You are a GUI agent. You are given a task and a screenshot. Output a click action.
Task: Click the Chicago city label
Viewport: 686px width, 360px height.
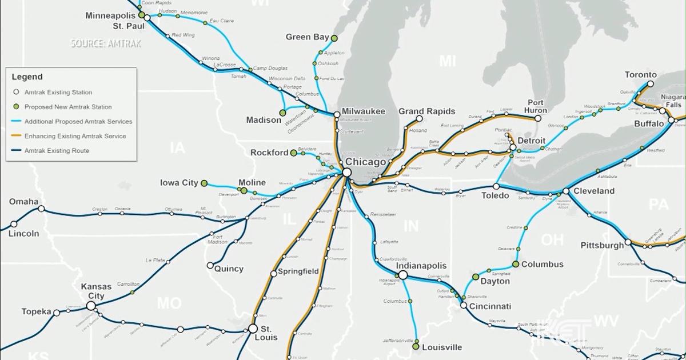point(370,162)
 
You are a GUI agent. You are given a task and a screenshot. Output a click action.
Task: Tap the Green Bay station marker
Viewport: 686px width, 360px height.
point(334,38)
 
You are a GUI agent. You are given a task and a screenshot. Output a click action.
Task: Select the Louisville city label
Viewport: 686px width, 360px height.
point(441,347)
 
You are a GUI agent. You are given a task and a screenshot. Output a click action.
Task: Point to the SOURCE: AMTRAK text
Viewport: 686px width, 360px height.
point(103,43)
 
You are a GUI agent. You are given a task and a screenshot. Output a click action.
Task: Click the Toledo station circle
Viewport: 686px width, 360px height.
point(496,186)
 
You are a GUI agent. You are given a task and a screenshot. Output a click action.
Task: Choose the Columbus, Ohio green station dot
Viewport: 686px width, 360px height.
point(516,264)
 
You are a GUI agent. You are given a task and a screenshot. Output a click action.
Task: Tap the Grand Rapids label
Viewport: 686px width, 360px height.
point(426,111)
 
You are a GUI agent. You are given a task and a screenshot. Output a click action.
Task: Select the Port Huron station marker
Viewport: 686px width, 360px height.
point(538,118)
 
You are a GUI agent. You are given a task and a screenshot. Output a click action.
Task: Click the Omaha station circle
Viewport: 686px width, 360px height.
point(41,209)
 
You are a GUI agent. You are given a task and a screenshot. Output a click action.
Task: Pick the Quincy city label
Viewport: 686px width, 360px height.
point(229,269)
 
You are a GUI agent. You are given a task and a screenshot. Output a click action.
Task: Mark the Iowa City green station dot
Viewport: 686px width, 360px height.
point(204,183)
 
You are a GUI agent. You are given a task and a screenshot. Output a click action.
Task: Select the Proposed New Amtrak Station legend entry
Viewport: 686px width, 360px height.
point(67,107)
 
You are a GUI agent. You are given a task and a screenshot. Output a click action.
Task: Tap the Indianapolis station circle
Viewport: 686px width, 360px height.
point(402,275)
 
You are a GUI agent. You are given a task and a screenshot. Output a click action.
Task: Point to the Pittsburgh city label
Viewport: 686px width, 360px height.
point(602,246)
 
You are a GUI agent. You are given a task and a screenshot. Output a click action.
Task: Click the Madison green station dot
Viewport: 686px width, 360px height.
point(282,112)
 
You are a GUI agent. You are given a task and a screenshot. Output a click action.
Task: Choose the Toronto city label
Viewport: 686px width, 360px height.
point(640,75)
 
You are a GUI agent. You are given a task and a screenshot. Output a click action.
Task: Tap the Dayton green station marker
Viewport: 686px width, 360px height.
point(475,277)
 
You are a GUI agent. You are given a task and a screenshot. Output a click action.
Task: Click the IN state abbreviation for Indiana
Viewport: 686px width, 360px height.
point(410,226)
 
